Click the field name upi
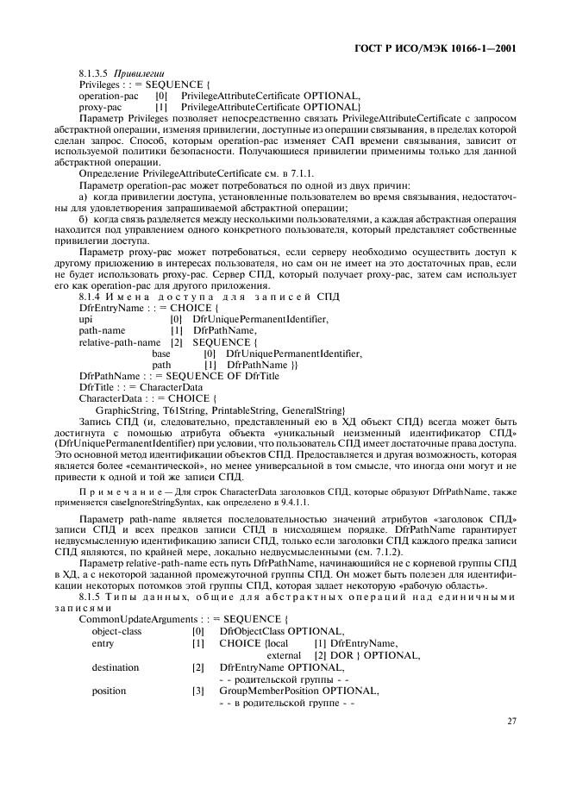(85, 320)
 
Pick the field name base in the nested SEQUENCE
(161, 353)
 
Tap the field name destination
(115, 667)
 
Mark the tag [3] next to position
(198, 691)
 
